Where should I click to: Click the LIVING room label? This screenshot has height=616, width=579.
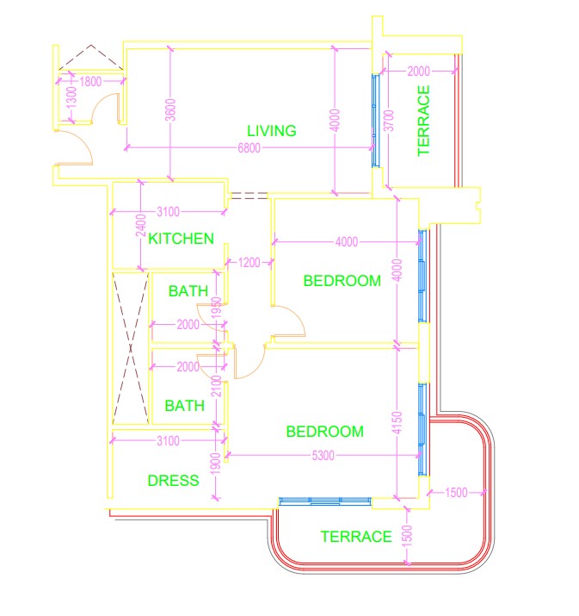tap(271, 131)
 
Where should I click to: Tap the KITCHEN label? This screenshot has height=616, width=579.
tap(181, 239)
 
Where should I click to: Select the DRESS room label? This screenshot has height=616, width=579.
tap(173, 481)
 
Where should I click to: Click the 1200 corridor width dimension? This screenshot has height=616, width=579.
tap(249, 262)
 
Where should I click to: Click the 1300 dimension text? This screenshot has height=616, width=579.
tap(71, 97)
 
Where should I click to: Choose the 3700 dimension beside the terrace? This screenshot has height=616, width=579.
tap(388, 119)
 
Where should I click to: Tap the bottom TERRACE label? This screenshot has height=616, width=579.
tap(355, 537)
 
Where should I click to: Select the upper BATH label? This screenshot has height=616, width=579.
tap(188, 291)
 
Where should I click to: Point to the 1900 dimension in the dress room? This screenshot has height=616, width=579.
tap(216, 465)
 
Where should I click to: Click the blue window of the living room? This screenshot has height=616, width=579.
tap(374, 121)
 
